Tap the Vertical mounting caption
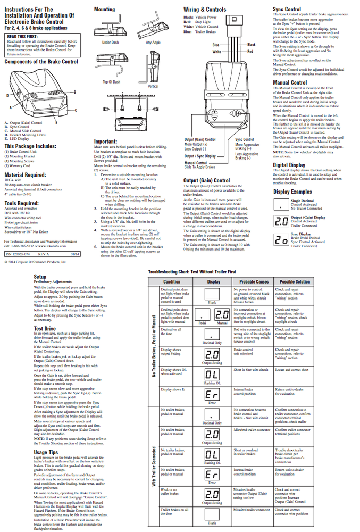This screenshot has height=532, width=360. (153, 86)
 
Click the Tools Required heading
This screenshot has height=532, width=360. (24, 203)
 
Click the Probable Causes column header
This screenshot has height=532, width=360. (254, 281)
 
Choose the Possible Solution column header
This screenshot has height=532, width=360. (295, 281)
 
